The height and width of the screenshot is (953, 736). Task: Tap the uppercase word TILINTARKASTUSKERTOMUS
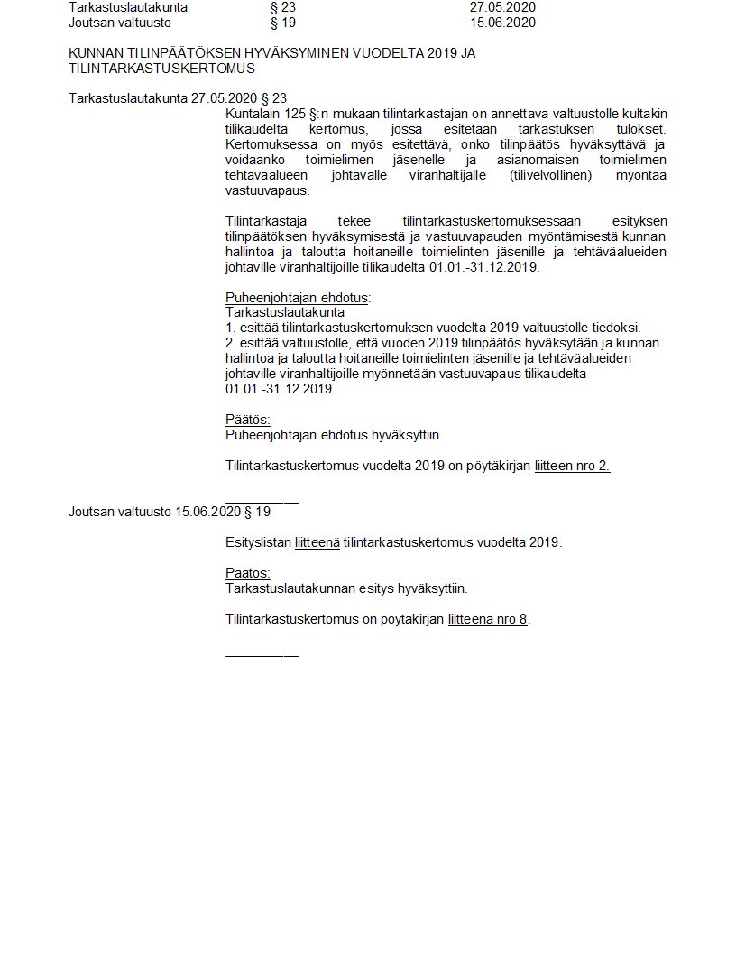pyautogui.click(x=161, y=68)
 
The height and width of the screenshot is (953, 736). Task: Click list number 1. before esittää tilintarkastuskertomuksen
pyautogui.click(x=230, y=328)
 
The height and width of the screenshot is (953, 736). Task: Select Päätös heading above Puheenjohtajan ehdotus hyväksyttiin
pyautogui.click(x=247, y=420)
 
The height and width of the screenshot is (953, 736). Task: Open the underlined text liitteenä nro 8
pyautogui.click(x=487, y=619)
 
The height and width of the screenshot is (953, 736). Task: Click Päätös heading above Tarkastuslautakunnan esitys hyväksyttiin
pyautogui.click(x=247, y=573)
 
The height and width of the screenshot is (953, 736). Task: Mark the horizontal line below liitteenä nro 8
pyautogui.click(x=262, y=653)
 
